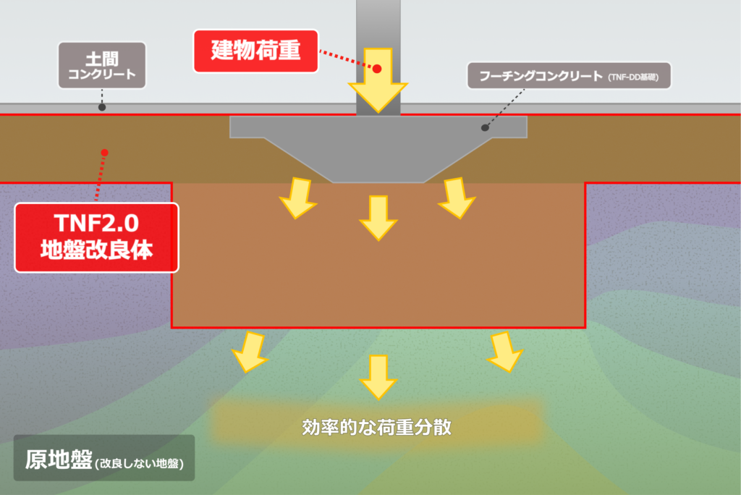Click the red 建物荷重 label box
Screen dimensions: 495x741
tap(256, 51)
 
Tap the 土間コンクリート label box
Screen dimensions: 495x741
tap(102, 65)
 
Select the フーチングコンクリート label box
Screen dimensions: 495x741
tap(569, 75)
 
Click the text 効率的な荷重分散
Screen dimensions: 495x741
tap(376, 427)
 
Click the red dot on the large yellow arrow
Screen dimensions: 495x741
tap(376, 68)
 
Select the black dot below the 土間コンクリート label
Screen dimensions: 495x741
tap(102, 107)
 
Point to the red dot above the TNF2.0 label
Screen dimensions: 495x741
tap(105, 152)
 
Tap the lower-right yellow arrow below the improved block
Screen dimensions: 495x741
tap(504, 351)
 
